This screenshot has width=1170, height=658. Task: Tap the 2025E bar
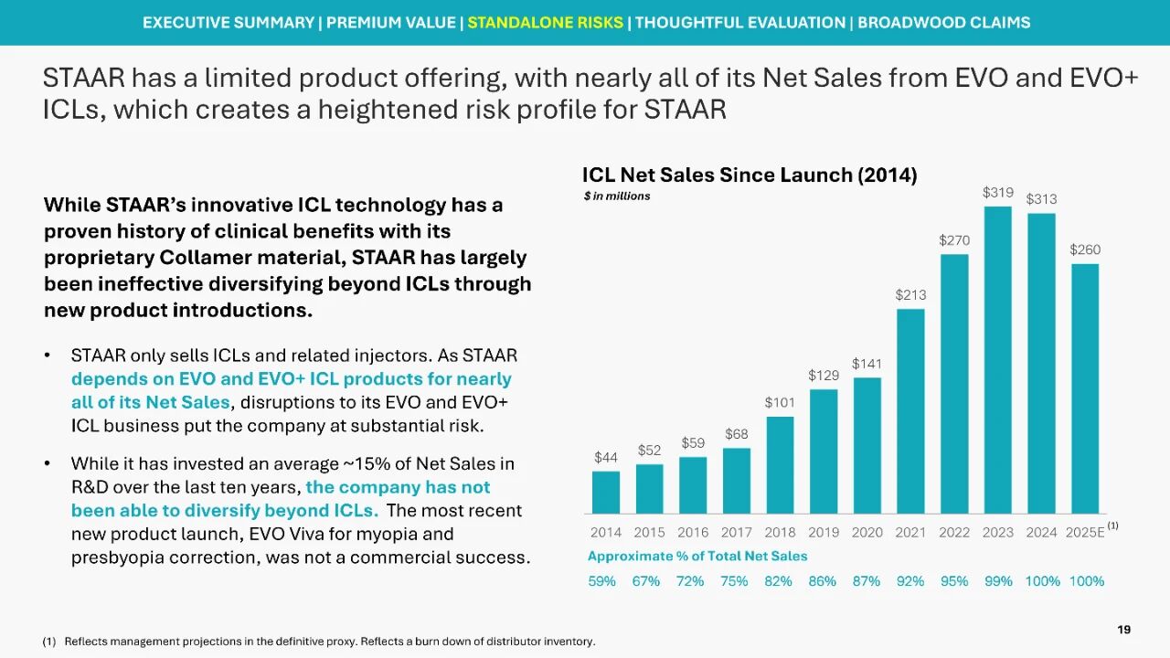click(1085, 388)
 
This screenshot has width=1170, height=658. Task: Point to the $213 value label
click(910, 295)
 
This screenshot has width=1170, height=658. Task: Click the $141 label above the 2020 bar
click(867, 364)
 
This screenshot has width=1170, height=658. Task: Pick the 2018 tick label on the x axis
click(780, 533)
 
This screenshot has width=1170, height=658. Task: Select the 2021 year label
click(910, 533)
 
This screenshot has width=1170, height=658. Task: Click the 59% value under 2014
click(601, 581)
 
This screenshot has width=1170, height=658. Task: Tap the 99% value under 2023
click(998, 581)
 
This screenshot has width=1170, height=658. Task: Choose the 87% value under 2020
click(867, 581)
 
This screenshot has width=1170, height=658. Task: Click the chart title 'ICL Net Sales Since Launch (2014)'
click(750, 175)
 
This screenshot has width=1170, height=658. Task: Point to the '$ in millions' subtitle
click(617, 196)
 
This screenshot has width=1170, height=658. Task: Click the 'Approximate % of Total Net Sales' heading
click(697, 556)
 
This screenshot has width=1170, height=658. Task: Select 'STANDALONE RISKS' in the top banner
click(545, 23)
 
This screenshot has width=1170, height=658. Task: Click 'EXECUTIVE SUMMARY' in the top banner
click(228, 23)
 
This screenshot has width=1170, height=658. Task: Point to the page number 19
click(1124, 630)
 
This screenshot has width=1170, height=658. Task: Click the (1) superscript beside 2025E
click(1112, 525)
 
